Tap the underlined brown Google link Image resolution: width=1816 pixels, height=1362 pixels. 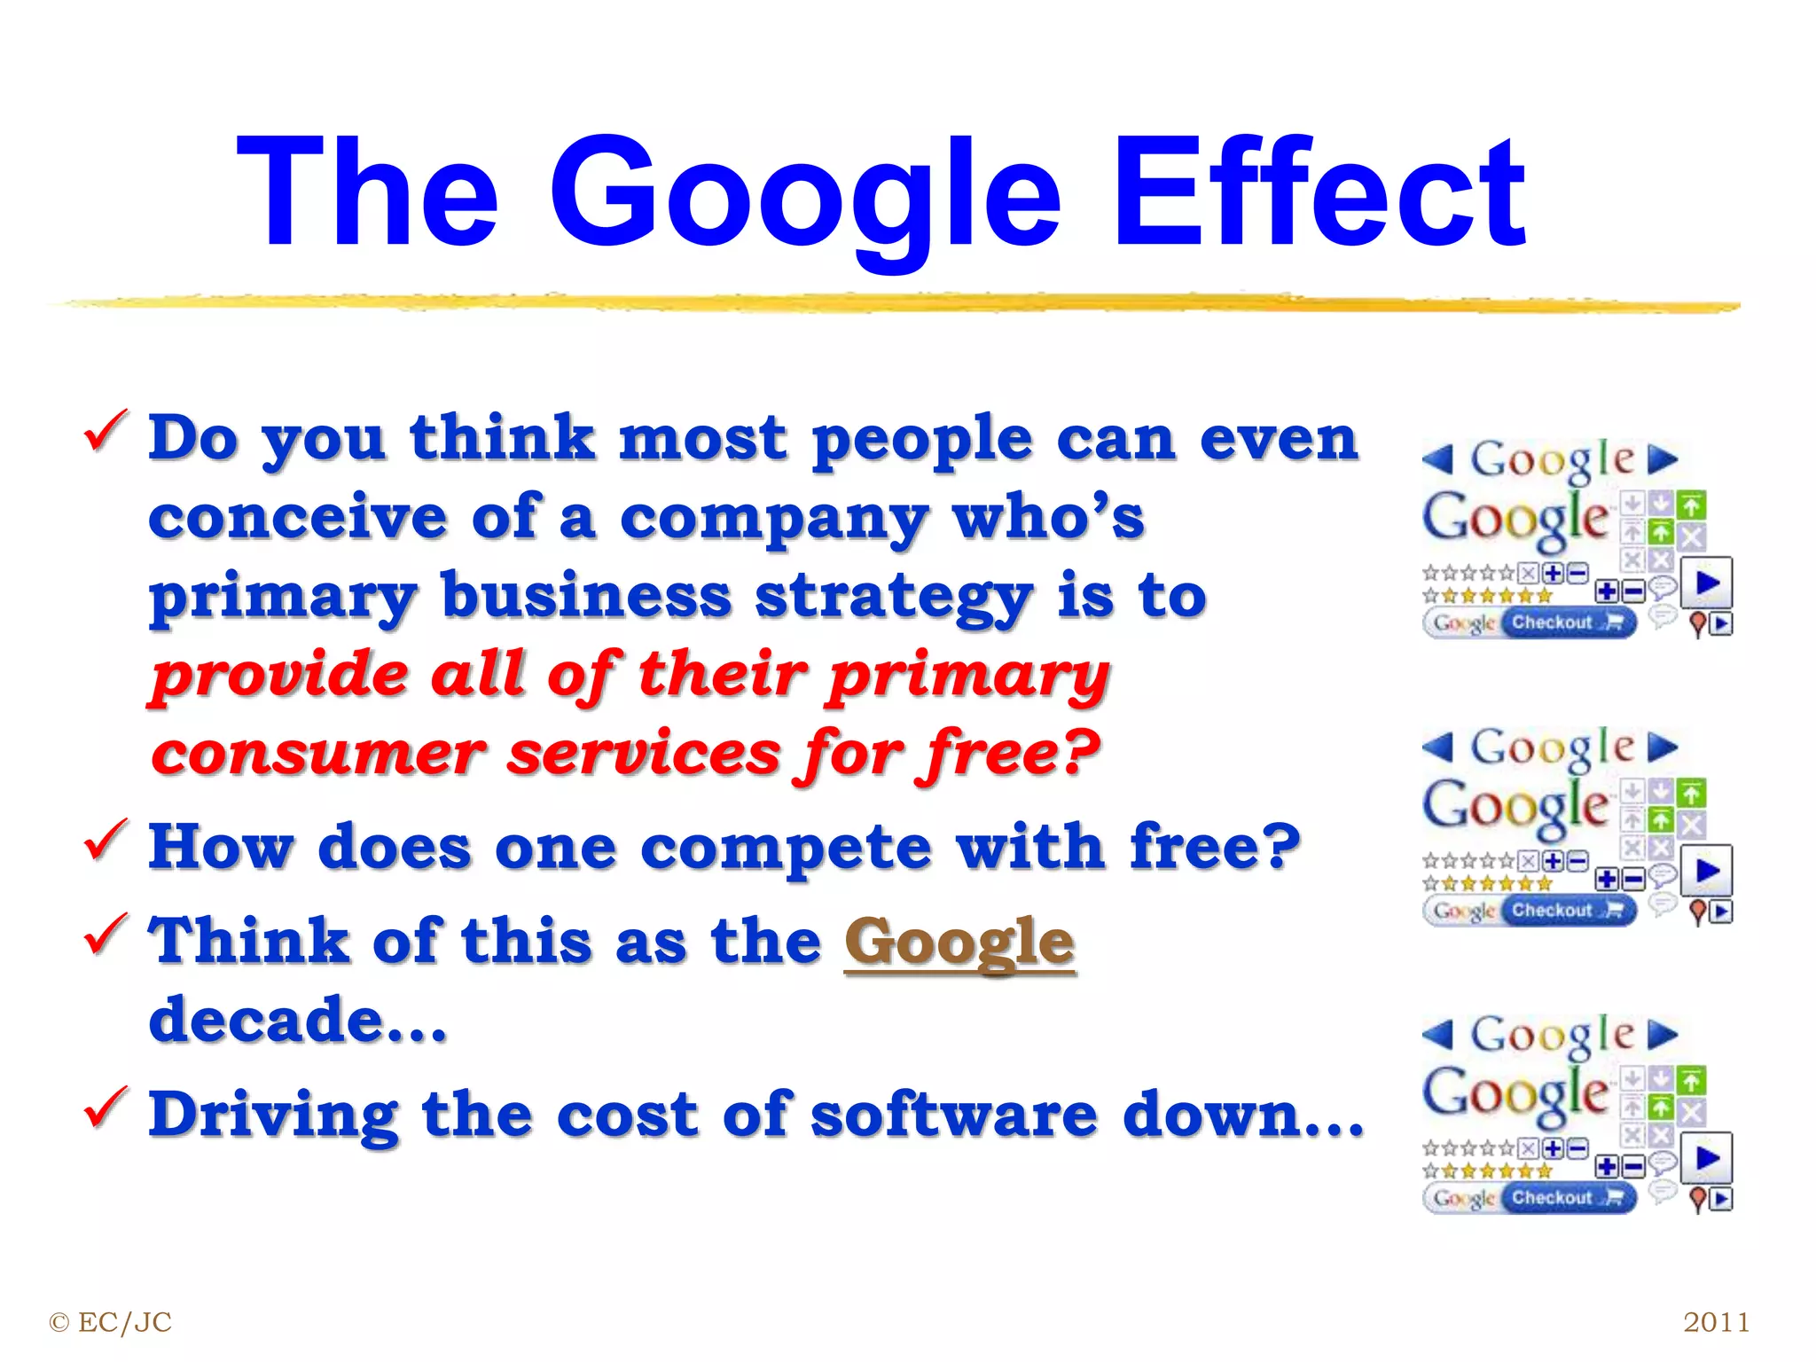coord(959,942)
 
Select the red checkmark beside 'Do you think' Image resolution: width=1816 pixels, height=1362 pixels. coord(106,430)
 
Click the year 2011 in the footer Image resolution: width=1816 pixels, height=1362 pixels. coord(1716,1322)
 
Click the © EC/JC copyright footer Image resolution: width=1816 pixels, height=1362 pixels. coord(111,1322)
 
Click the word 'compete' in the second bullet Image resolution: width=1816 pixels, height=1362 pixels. coord(786,848)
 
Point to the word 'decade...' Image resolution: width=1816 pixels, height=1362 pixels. coord(298,1020)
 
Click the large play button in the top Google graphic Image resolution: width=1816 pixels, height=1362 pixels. coord(1708,583)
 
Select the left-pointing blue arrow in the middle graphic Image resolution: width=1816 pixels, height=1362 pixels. coord(1437,747)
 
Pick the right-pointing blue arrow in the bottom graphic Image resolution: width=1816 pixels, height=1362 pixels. coord(1663,1034)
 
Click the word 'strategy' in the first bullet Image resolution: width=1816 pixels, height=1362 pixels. coord(894,598)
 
